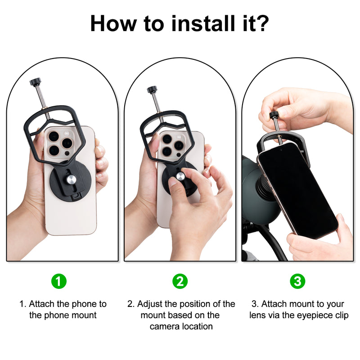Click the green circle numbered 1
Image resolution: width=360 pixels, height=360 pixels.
point(59,281)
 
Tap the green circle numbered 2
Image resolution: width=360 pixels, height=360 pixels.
point(180,281)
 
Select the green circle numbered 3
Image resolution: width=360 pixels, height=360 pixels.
point(297,281)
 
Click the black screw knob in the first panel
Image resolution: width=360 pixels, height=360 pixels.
point(35,82)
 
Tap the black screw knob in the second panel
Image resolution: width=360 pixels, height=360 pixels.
point(152,89)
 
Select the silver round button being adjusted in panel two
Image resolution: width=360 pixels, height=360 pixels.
point(180,176)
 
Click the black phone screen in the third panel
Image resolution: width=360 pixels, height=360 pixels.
point(297,189)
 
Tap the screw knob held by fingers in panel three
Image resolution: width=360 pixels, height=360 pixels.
point(273,115)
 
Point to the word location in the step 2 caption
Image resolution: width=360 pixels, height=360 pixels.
point(197,326)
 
